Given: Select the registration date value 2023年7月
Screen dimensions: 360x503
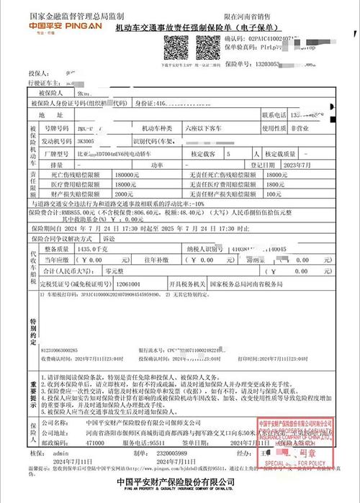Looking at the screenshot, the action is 308,164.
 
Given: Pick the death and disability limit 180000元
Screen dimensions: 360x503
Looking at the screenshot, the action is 126,175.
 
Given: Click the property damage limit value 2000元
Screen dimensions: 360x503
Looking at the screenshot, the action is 124,194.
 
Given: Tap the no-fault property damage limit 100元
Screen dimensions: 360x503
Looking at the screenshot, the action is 273,194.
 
